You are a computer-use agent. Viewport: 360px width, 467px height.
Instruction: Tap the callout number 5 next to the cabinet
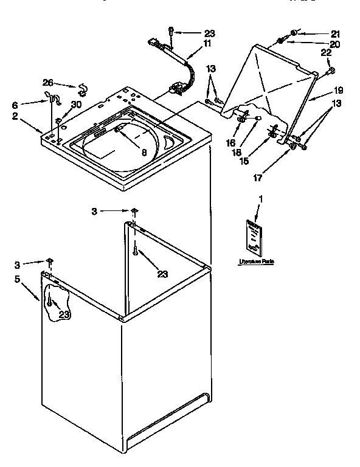18,279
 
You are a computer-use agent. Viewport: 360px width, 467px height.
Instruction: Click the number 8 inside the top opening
144,153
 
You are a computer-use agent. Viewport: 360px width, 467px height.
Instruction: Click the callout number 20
334,44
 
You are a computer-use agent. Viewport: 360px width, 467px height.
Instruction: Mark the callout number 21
335,33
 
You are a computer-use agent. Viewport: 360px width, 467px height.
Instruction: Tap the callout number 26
48,82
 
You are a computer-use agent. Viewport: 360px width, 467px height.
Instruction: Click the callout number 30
75,105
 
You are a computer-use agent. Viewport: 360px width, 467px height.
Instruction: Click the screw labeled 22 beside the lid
331,71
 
